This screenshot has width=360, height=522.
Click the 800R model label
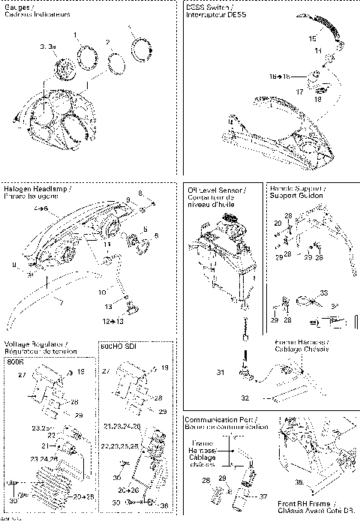pos(15,361)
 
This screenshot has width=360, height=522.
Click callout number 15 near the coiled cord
pos(312,37)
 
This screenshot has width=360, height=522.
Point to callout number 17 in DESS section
pos(299,91)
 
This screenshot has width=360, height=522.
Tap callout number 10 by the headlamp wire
pos(103,291)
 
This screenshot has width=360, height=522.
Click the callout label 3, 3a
pos(47,46)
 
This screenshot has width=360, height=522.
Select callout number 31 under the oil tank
pos(220,373)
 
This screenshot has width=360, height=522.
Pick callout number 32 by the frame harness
pos(244,397)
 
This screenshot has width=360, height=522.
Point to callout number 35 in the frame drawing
pos(299,483)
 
